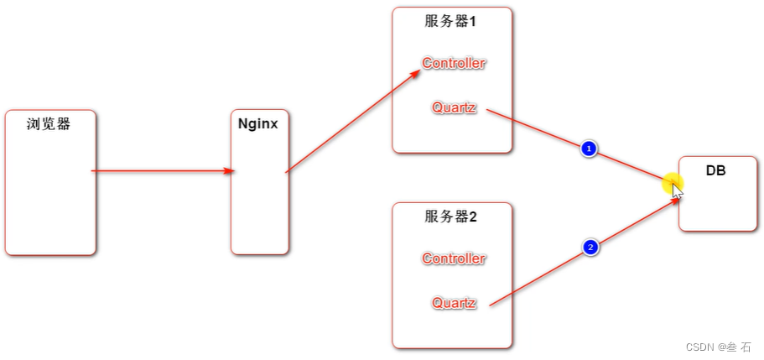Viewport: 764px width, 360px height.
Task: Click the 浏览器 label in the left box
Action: [x=48, y=124]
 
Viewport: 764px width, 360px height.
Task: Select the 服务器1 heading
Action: [x=450, y=22]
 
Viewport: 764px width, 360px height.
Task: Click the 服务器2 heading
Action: [x=450, y=217]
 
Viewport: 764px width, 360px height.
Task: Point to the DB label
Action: [x=715, y=170]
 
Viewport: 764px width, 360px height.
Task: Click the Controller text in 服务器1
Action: [x=454, y=63]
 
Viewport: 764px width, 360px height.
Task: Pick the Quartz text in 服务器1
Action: [x=454, y=107]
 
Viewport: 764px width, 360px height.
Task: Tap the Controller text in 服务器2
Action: [x=454, y=258]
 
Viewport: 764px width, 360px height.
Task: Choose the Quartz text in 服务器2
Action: [x=454, y=303]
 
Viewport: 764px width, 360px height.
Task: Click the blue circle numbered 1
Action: [x=589, y=149]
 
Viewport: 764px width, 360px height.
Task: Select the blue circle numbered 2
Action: [x=590, y=248]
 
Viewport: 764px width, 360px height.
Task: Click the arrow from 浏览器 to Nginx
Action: [x=159, y=171]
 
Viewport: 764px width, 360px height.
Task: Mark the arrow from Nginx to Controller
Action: [x=352, y=122]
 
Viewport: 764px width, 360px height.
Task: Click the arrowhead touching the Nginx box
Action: [x=229, y=171]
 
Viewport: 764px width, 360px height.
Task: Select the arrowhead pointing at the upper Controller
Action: [x=414, y=73]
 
